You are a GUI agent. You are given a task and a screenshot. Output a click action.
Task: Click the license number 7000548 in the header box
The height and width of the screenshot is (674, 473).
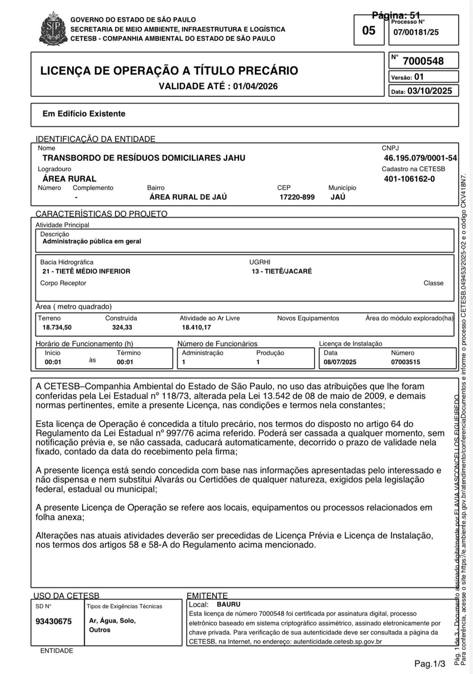click(423, 61)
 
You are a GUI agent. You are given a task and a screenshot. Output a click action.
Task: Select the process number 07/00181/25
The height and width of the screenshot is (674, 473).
click(416, 32)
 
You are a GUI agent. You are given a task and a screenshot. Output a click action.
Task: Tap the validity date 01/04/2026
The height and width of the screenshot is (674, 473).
click(255, 86)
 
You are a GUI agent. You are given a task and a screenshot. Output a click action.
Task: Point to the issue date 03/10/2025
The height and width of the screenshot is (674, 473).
click(429, 91)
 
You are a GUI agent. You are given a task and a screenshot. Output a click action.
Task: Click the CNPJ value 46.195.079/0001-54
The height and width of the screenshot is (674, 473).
click(420, 158)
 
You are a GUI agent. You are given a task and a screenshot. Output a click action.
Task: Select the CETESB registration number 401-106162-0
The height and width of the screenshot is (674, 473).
click(409, 179)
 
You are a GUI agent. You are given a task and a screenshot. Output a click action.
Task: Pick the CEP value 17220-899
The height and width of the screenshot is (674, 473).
click(297, 197)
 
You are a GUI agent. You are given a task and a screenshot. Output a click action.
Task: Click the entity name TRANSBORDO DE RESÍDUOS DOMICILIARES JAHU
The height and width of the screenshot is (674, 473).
click(143, 158)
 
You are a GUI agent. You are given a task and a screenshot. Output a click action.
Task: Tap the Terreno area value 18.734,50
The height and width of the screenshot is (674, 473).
click(57, 327)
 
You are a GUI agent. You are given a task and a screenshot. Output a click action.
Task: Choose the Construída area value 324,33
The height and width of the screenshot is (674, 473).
click(122, 327)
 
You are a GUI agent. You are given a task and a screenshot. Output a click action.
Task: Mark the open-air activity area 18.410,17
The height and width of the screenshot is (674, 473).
click(196, 327)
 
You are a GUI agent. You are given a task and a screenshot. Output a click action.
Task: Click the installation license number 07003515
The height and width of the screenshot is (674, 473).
click(405, 362)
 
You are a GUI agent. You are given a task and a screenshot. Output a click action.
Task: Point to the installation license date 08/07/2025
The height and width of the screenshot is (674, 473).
click(340, 362)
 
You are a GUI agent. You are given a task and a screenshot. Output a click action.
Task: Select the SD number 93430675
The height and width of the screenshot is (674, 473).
click(53, 621)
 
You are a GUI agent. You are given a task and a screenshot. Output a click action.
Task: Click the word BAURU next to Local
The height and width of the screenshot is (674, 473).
click(229, 604)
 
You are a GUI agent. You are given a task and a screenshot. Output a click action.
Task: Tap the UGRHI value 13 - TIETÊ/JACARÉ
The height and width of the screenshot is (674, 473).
click(282, 271)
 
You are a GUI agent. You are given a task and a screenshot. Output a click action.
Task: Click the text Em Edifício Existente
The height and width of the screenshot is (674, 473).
click(84, 114)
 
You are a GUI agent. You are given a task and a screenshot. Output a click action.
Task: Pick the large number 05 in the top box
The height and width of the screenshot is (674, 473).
click(369, 30)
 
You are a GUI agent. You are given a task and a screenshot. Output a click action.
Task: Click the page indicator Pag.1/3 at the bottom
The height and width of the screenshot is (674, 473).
click(430, 664)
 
